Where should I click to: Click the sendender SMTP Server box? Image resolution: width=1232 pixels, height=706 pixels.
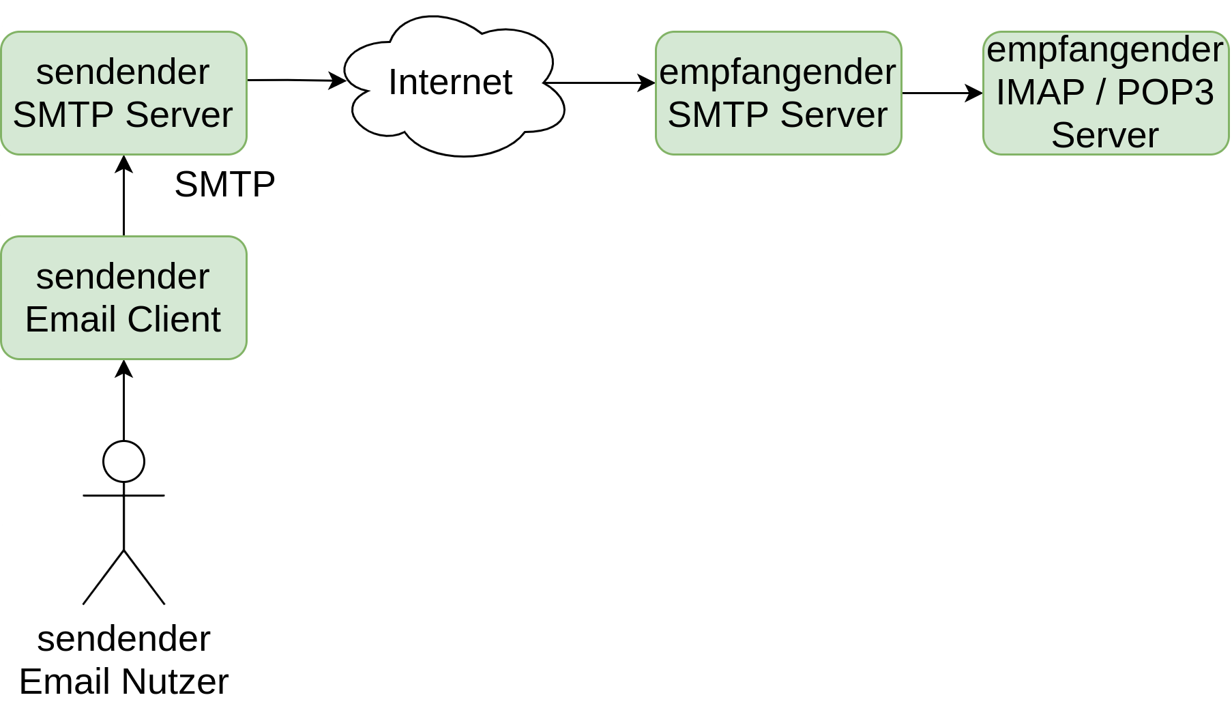click(x=123, y=93)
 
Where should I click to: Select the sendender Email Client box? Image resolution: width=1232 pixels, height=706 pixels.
click(x=123, y=298)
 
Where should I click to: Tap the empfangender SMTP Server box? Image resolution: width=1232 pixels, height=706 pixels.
click(x=778, y=93)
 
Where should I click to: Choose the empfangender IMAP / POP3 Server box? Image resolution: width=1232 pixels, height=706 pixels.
click(x=1106, y=93)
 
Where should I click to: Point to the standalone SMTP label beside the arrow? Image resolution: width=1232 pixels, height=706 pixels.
click(x=224, y=184)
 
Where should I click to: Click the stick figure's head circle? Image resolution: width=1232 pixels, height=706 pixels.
click(x=123, y=442)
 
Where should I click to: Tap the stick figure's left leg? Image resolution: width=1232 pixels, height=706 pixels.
click(x=103, y=577)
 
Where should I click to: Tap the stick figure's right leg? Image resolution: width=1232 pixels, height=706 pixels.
click(x=145, y=577)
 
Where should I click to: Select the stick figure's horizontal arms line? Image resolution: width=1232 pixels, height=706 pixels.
click(x=123, y=495)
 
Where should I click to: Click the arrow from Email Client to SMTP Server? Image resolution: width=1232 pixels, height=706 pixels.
click(x=123, y=196)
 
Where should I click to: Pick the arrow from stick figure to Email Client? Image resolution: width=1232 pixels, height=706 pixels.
click(x=123, y=400)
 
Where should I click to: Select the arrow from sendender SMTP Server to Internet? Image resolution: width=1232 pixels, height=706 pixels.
click(x=297, y=80)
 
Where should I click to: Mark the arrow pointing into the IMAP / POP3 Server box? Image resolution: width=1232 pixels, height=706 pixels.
click(x=942, y=93)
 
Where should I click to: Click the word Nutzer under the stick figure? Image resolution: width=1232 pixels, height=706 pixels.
click(x=176, y=681)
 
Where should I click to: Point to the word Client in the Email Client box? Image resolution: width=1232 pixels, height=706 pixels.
click(x=174, y=319)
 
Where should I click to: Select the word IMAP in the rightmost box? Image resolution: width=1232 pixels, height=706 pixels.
click(x=1040, y=92)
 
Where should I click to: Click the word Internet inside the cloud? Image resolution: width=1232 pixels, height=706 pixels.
click(x=450, y=83)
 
